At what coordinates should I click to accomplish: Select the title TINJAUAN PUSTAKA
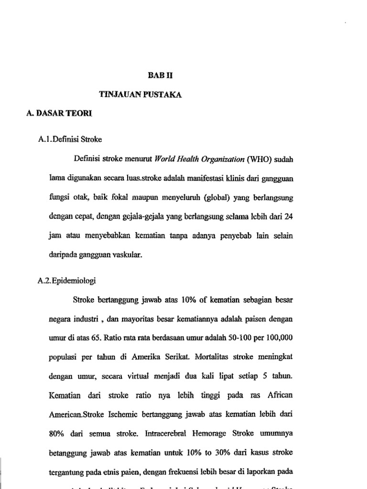140,95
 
